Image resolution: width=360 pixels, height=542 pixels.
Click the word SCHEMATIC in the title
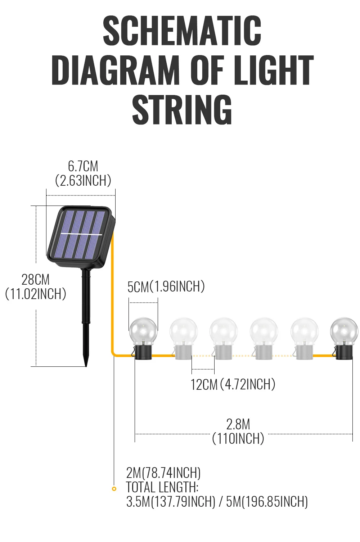[182, 31]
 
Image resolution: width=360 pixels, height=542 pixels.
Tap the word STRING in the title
[182, 109]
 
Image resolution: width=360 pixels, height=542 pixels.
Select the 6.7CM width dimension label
[83, 166]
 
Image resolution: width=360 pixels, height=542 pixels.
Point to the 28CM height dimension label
[35, 280]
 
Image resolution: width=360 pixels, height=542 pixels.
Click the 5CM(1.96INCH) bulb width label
[166, 287]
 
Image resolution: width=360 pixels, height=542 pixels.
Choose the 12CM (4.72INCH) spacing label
[233, 384]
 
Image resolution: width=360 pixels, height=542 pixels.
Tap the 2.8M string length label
[238, 424]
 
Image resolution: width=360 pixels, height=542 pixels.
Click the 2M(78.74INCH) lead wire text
[163, 473]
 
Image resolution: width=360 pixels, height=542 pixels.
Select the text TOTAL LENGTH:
[162, 487]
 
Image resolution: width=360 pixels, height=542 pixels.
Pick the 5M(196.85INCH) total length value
[267, 502]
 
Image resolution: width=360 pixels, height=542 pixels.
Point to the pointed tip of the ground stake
[86, 364]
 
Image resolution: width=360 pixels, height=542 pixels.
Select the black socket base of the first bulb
[143, 352]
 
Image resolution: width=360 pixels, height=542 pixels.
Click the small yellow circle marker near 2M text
[114, 489]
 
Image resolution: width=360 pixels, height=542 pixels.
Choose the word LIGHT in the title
[274, 71]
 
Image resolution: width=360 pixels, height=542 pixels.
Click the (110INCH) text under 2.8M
[238, 439]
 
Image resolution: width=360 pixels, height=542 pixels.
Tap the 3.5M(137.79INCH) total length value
[171, 502]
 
